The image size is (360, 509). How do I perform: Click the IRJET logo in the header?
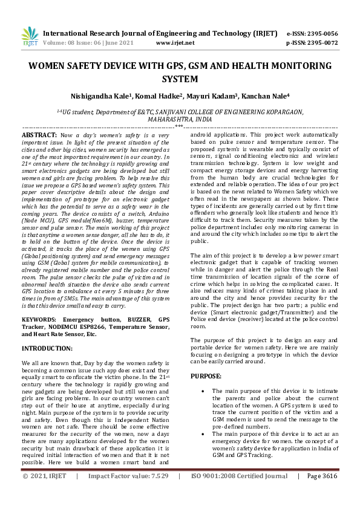point(30,38)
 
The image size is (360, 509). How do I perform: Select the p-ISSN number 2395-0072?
point(322,44)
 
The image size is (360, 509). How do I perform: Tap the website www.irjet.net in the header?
point(175,44)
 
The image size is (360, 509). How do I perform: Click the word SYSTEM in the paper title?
point(180,79)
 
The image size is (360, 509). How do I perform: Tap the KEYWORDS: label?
point(41,318)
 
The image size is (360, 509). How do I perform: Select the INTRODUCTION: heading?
point(48,349)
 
